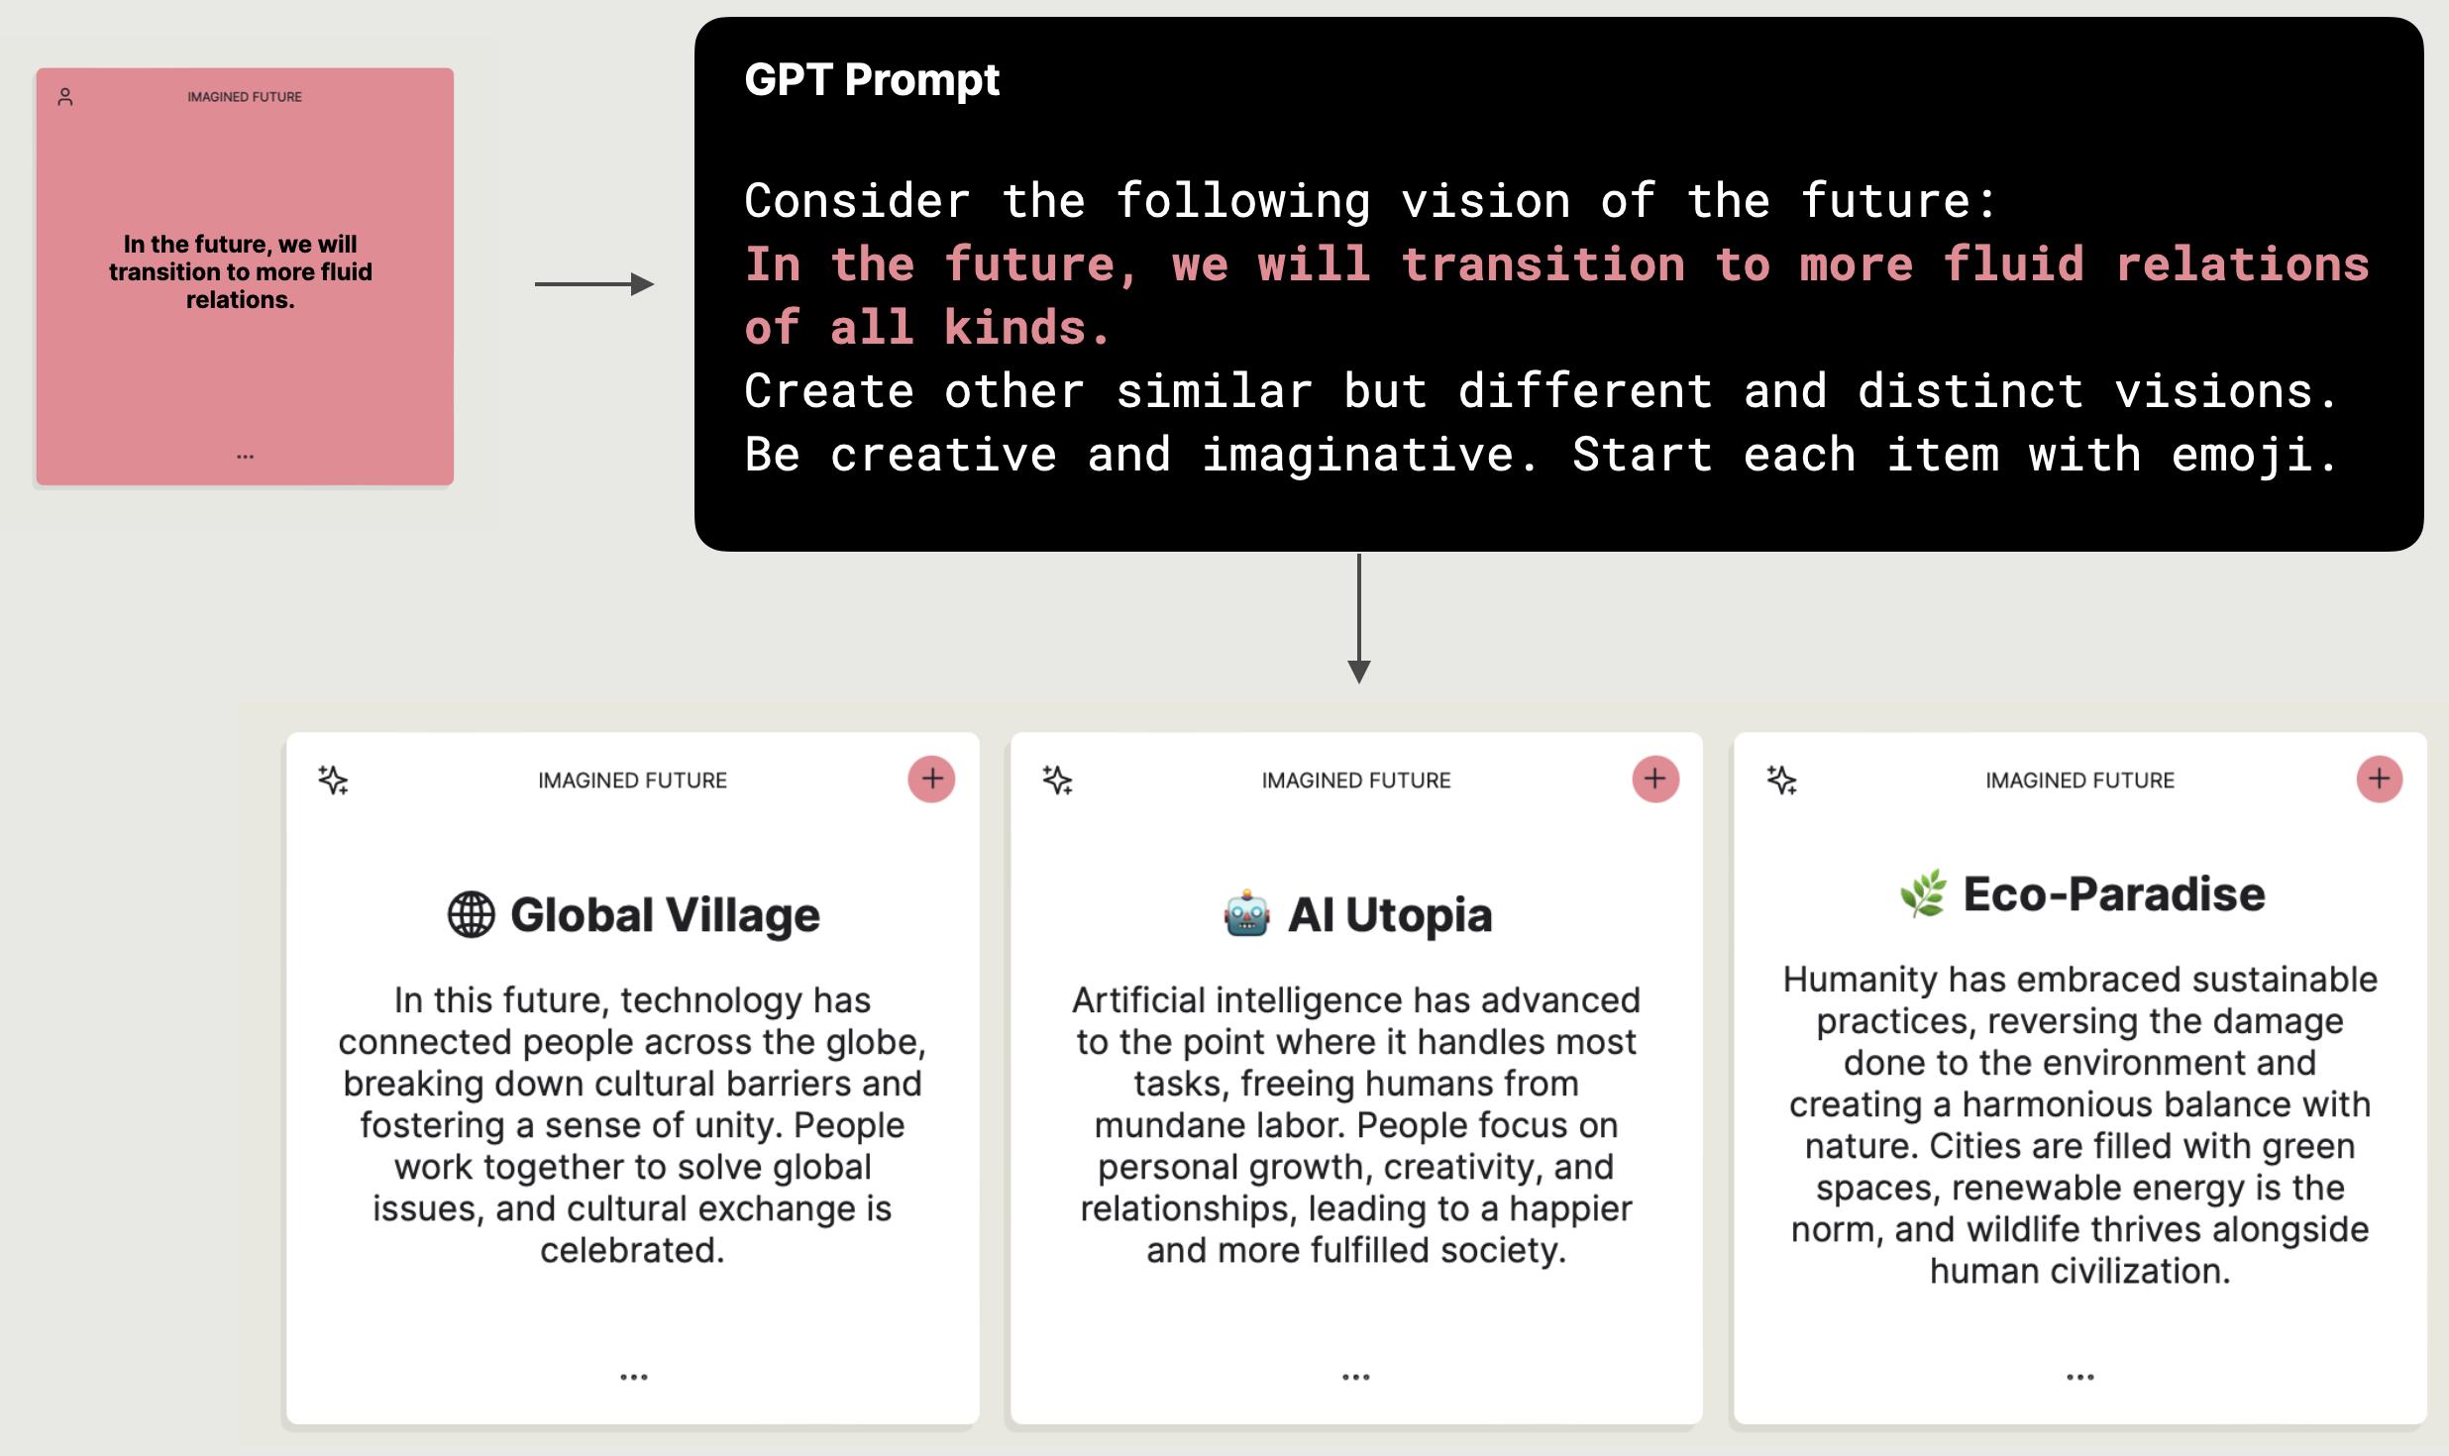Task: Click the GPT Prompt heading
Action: [872, 79]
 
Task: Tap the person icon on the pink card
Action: [65, 97]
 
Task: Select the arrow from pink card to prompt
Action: [594, 284]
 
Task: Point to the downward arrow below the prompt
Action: [1359, 618]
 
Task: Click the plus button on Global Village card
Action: [931, 780]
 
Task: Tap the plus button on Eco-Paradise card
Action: [2380, 780]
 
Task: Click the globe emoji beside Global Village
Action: [472, 914]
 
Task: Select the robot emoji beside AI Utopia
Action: [1246, 913]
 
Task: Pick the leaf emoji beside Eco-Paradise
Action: [1923, 893]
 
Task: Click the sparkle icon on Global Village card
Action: [333, 780]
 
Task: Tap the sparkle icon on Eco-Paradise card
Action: [1781, 780]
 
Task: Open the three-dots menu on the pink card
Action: [245, 457]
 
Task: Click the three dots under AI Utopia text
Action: [1356, 1377]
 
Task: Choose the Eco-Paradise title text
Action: [2114, 893]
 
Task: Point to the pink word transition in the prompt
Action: [1544, 264]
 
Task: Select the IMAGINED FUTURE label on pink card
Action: [245, 97]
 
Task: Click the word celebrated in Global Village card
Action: [632, 1250]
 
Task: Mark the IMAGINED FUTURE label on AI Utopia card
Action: [1356, 780]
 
